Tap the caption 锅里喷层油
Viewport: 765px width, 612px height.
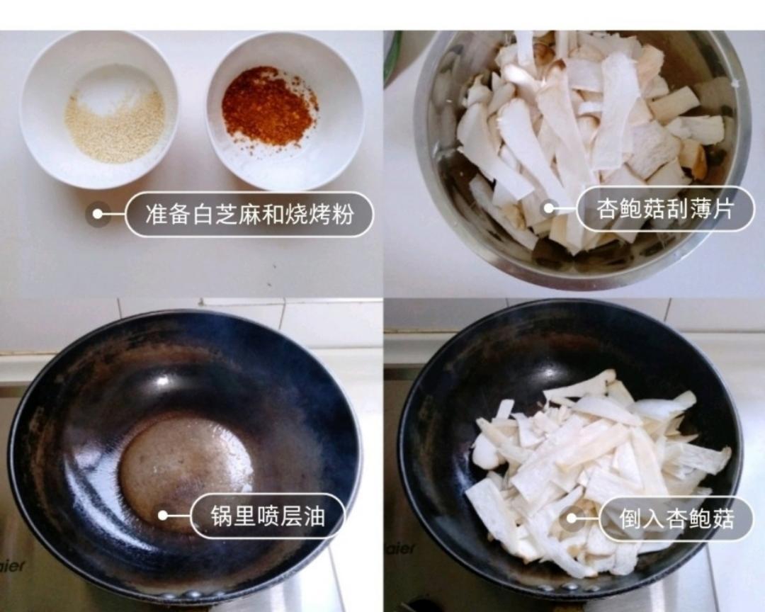tap(268, 516)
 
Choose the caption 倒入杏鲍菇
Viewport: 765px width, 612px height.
tap(676, 519)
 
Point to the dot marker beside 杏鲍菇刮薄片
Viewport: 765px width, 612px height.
tap(548, 209)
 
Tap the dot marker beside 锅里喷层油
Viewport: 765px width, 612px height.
tap(163, 516)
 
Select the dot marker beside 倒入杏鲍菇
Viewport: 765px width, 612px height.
tap(571, 519)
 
